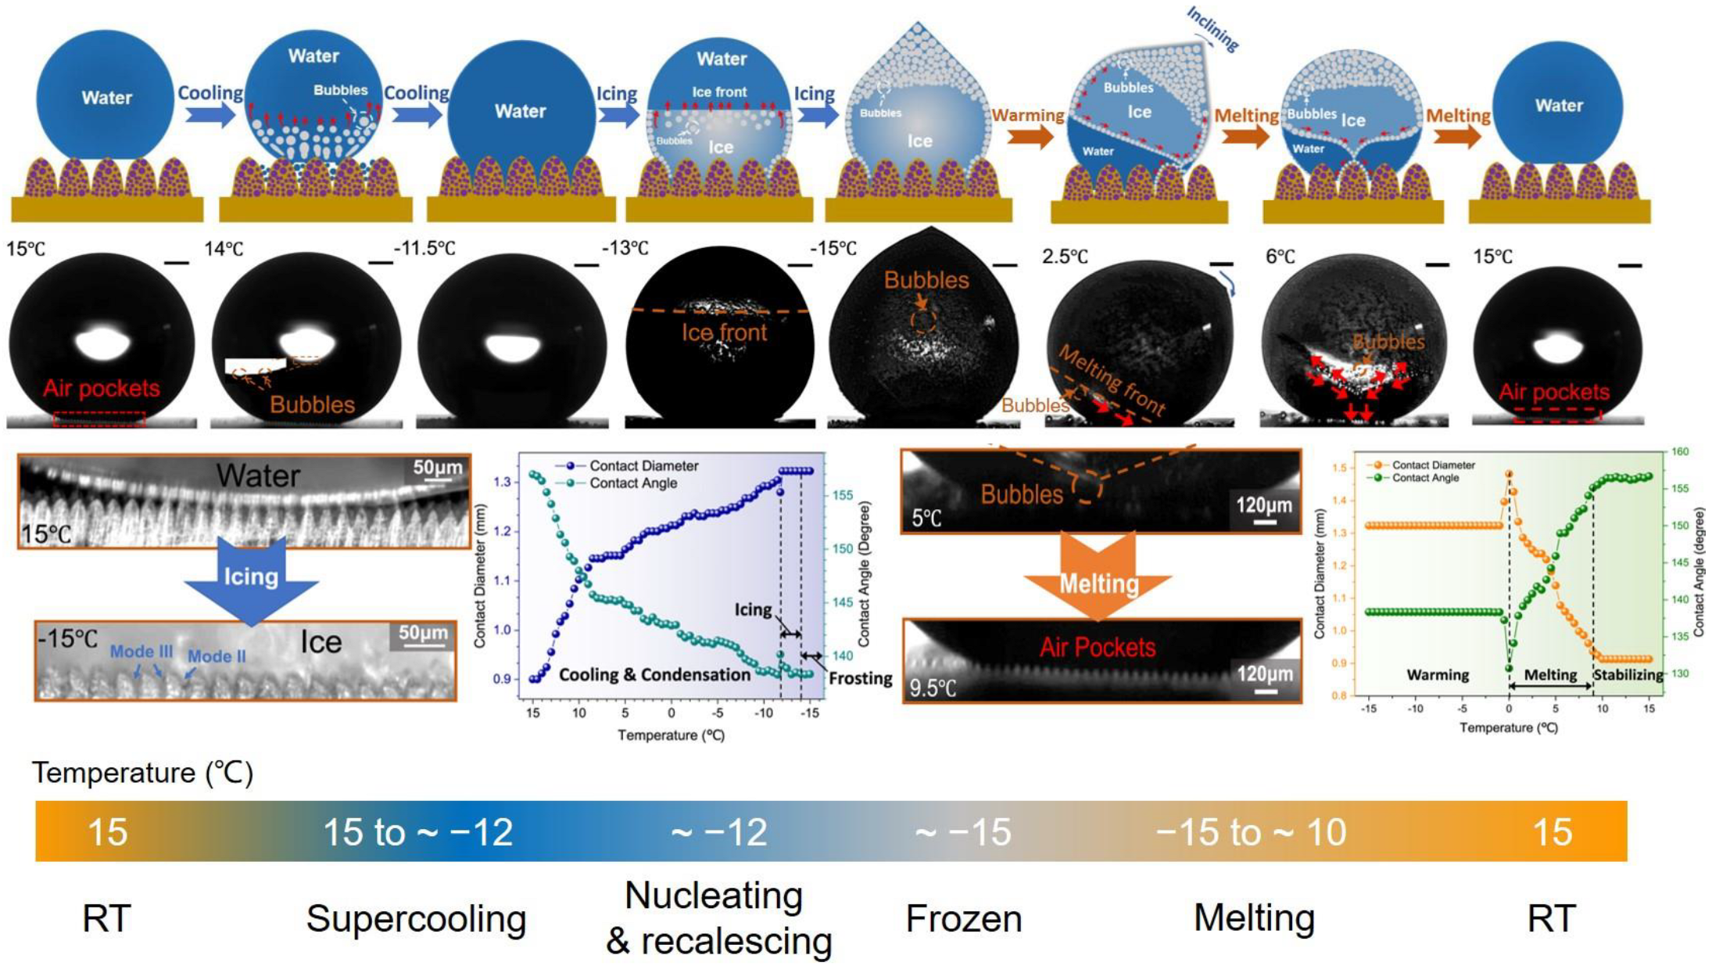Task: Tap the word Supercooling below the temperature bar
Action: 416,918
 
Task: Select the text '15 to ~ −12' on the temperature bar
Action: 417,832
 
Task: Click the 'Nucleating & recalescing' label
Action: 718,918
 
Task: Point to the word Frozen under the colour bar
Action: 963,918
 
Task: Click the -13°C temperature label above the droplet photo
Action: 625,249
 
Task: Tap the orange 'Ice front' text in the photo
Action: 724,332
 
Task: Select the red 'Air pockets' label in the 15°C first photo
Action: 102,389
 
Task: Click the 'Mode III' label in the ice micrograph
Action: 141,652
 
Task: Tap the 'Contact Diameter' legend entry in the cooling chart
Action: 643,466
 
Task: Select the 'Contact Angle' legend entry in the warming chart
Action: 1424,478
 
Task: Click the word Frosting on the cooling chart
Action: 860,678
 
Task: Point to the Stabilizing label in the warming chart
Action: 1628,675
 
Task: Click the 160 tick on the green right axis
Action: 1680,452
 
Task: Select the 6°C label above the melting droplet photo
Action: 1280,257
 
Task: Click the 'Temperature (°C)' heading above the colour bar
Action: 143,773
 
